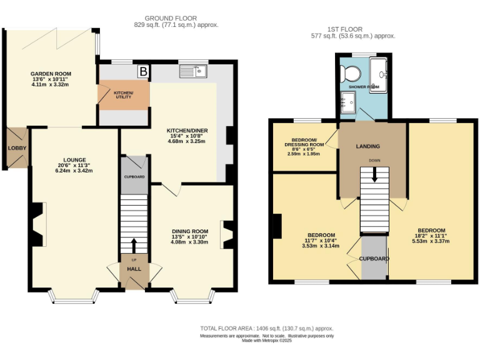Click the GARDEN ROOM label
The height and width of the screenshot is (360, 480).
pyautogui.click(x=51, y=74)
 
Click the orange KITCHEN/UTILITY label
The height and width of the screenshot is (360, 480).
pyautogui.click(x=123, y=94)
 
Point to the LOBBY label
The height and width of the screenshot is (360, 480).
pyautogui.click(x=15, y=148)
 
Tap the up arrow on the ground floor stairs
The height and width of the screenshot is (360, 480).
pyautogui.click(x=133, y=243)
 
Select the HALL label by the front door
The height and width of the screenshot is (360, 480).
pyautogui.click(x=134, y=269)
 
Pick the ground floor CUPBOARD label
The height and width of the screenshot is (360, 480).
pyautogui.click(x=134, y=177)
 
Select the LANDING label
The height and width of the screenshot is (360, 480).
pyautogui.click(x=367, y=146)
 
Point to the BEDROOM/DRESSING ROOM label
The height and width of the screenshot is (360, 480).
pyautogui.click(x=307, y=142)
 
